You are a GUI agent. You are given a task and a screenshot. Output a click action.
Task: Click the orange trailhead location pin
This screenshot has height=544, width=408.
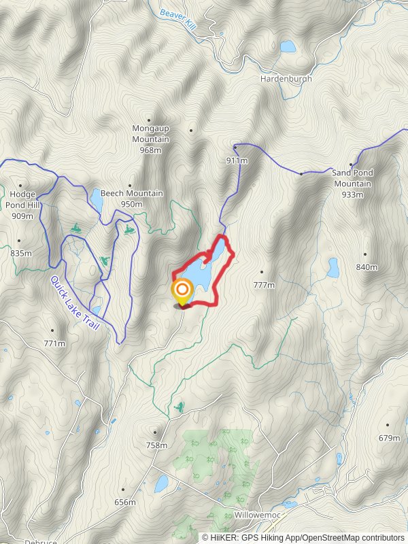182,292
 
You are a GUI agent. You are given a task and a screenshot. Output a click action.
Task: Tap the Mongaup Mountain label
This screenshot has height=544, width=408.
150,139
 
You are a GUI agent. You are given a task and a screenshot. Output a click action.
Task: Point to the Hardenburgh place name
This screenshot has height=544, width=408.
286,79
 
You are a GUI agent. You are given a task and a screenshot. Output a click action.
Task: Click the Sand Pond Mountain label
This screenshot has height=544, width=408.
352,178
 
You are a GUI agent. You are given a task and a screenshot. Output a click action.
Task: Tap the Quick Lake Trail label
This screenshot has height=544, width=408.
75,303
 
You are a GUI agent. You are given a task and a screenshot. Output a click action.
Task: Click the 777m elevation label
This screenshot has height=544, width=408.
263,285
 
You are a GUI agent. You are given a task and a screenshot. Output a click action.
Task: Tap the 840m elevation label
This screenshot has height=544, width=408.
367,267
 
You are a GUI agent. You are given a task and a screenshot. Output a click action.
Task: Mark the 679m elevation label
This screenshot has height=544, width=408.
389,438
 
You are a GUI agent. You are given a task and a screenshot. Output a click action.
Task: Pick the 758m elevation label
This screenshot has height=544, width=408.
156,445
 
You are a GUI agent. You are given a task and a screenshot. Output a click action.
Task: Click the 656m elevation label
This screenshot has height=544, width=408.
125,502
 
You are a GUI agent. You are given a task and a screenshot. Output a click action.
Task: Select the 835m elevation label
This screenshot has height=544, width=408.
21,253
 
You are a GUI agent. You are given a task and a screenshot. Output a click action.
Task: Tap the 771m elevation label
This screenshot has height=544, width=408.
54,343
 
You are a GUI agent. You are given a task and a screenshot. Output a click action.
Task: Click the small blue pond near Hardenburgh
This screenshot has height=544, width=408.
288,46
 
